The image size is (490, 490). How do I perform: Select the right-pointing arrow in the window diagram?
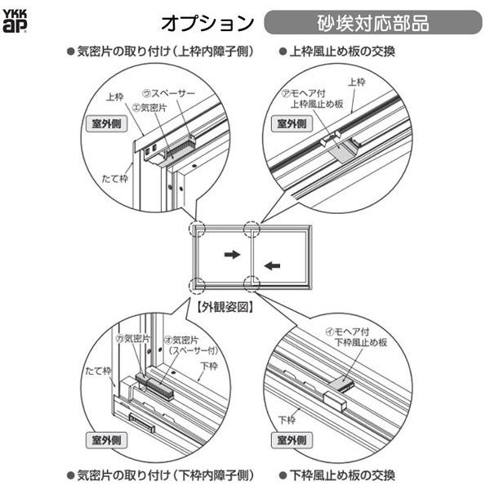tap(233, 255)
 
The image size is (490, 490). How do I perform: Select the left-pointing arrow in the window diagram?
tap(274, 264)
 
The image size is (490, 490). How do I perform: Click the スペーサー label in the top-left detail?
tap(172, 93)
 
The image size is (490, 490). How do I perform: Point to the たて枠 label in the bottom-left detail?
tap(99, 371)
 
